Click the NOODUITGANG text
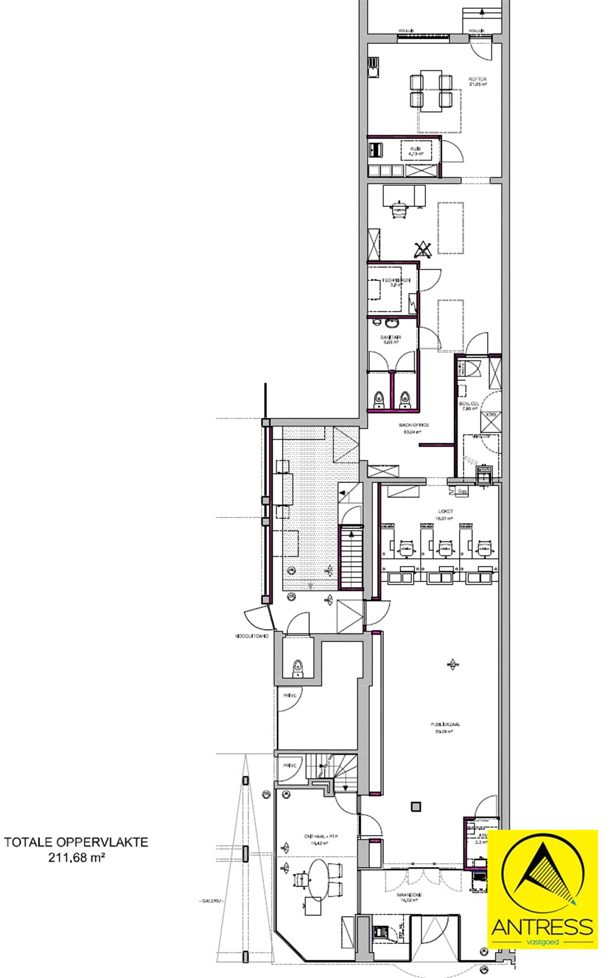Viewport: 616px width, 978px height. tap(251, 636)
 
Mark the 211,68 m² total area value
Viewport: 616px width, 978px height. tap(76, 858)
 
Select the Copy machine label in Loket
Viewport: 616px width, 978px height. tap(462, 491)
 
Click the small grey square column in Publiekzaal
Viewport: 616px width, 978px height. tap(415, 806)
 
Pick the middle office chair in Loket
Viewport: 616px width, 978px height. tap(446, 549)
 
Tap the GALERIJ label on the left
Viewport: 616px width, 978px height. tap(211, 901)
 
